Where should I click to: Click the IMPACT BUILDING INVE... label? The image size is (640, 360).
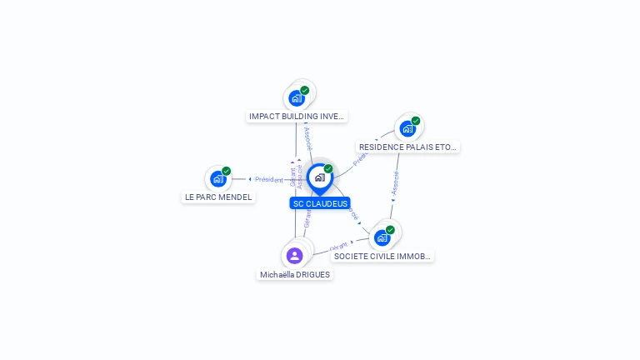[297, 117]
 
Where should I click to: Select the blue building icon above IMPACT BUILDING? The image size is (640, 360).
[297, 98]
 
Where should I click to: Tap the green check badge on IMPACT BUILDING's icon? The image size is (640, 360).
[305, 90]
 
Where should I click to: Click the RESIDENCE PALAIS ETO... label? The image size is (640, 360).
[407, 147]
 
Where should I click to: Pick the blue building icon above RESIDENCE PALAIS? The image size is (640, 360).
[407, 128]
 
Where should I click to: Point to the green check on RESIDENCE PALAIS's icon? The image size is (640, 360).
[416, 121]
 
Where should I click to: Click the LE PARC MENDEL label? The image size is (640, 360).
[218, 197]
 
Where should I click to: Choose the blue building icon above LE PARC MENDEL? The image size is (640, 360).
[218, 178]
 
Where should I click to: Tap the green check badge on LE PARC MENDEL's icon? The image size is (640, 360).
[227, 171]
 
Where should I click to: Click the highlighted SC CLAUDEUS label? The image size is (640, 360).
[320, 203]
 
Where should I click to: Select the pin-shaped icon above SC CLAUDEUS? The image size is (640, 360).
[319, 177]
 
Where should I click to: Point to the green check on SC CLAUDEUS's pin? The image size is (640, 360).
[328, 169]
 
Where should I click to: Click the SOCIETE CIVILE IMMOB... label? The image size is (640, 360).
[382, 256]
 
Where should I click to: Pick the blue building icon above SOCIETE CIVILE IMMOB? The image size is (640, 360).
[382, 237]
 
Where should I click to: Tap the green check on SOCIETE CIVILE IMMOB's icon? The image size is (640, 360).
[391, 229]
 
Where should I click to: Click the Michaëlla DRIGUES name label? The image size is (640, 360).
[295, 274]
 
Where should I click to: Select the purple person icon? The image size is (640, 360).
[294, 256]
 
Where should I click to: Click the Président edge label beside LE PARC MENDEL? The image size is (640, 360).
[269, 179]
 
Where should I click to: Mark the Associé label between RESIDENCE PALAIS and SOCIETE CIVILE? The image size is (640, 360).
[395, 182]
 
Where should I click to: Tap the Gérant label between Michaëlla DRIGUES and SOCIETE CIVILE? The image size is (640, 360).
[338, 247]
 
